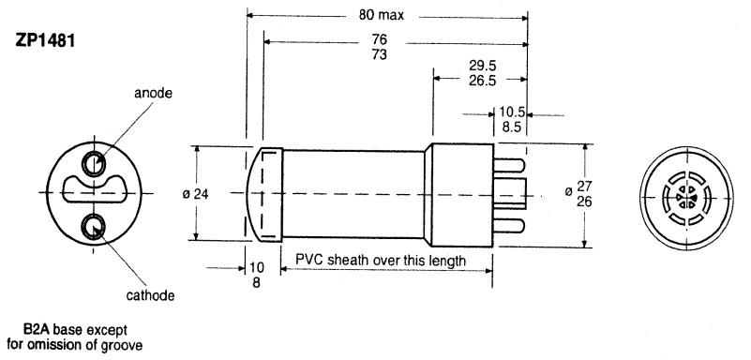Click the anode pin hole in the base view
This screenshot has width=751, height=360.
[x=94, y=163]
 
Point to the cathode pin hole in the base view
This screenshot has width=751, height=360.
[x=94, y=225]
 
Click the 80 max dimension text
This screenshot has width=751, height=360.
[x=386, y=16]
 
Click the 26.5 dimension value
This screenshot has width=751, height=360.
[x=480, y=80]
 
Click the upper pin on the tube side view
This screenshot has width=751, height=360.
[x=508, y=162]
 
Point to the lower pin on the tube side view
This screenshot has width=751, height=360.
[x=508, y=226]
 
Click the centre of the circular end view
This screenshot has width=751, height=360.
[x=683, y=197]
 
